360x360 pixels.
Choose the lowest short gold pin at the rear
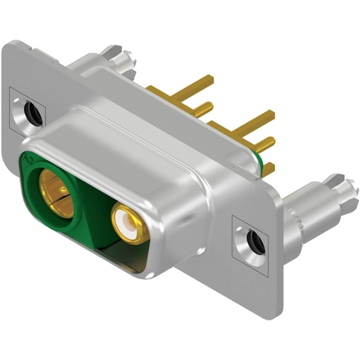click(x=267, y=169)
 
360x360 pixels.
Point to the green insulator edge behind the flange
click(x=264, y=150)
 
